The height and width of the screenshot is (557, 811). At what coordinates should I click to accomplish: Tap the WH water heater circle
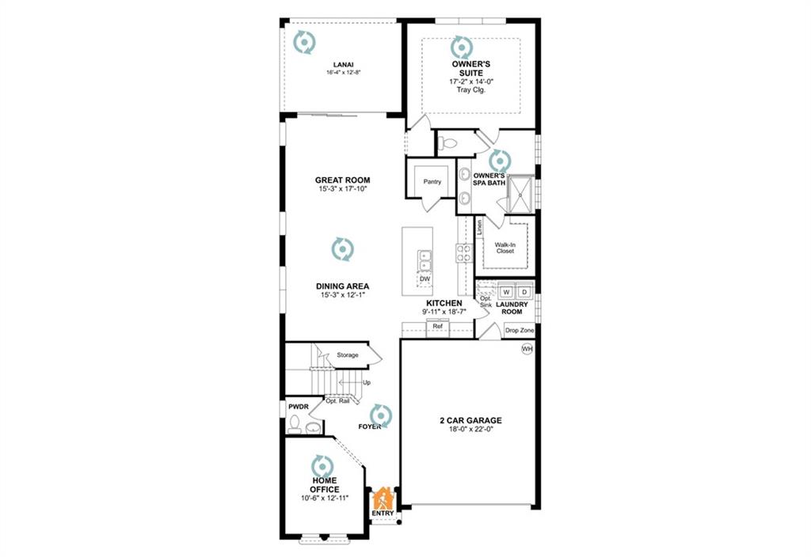pos(527,349)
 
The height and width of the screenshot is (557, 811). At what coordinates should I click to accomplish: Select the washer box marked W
pos(506,292)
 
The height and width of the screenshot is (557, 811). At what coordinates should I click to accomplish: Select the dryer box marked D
pos(524,292)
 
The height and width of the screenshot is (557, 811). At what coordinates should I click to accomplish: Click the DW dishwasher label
pos(425,279)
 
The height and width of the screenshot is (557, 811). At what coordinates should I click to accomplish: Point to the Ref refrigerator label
pos(437,327)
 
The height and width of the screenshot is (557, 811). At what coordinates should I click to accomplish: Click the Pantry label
pos(432,182)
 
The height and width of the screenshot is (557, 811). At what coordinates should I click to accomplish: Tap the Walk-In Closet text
pos(505,248)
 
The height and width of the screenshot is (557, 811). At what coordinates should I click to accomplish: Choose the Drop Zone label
pos(520,330)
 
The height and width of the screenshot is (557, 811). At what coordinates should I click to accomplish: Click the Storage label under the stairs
pos(348,355)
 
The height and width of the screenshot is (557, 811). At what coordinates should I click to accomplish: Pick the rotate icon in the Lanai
pos(304,43)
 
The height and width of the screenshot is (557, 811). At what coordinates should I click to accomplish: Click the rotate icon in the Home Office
pos(323,466)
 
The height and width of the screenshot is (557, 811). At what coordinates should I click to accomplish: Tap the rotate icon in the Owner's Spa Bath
pos(500,161)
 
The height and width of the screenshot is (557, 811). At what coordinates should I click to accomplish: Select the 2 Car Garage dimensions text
pos(470,429)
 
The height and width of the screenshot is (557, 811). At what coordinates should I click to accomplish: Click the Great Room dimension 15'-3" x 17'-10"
pos(343,189)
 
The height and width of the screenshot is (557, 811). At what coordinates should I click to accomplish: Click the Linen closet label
pos(479,227)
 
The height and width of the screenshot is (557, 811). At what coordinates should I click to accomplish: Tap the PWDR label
pos(299,407)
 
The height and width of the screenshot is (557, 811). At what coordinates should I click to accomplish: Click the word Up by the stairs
pos(367,382)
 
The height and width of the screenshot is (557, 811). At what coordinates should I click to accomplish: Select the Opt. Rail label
pos(337,401)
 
